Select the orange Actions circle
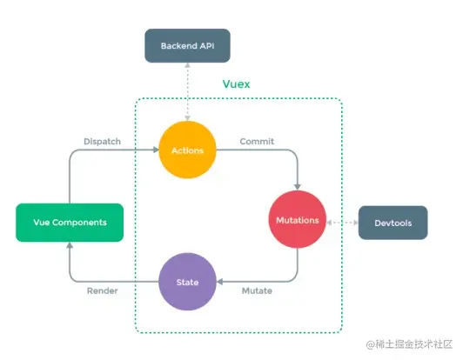click(188, 150)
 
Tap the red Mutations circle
click(299, 221)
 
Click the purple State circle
click(188, 283)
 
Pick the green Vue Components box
click(70, 223)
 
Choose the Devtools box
click(393, 223)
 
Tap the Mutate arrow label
click(257, 291)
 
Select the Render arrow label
click(103, 291)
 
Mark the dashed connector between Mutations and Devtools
click(343, 222)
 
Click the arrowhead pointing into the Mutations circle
click(299, 186)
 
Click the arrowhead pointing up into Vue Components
click(70, 246)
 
